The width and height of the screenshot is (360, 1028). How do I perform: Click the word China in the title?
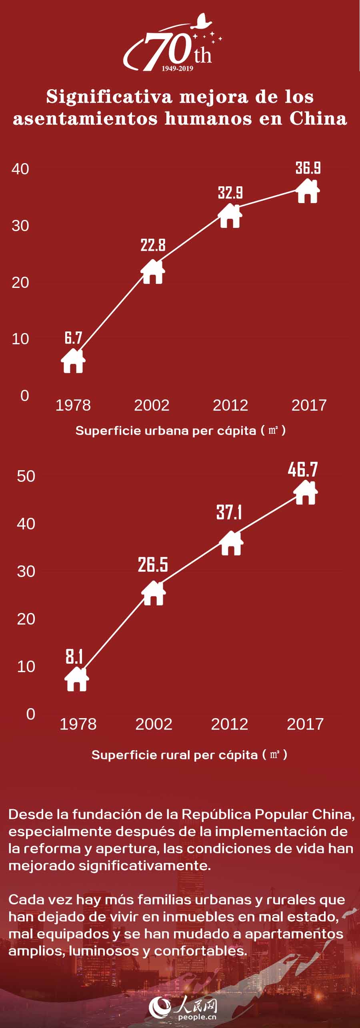pos(318,118)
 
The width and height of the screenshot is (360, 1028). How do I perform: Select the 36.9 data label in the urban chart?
pos(308,168)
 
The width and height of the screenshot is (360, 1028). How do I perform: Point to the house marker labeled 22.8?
pos(153,272)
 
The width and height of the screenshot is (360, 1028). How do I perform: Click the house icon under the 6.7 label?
pos(73,361)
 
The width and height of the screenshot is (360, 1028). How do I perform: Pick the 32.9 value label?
pos(230,193)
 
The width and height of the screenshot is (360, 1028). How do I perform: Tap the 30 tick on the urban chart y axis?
pos(20,226)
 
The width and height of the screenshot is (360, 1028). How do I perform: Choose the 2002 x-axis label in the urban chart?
pos(152,405)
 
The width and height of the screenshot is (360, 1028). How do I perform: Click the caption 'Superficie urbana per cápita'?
pos(166,431)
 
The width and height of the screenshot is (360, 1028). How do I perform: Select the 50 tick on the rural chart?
pos(26,476)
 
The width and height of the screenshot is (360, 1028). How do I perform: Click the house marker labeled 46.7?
pos(306,493)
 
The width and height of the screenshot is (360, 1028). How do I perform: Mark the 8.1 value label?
pos(74,657)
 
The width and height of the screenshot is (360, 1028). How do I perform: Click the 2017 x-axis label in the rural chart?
pos(305,724)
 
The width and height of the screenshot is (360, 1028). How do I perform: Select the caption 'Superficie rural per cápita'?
pos(174,755)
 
